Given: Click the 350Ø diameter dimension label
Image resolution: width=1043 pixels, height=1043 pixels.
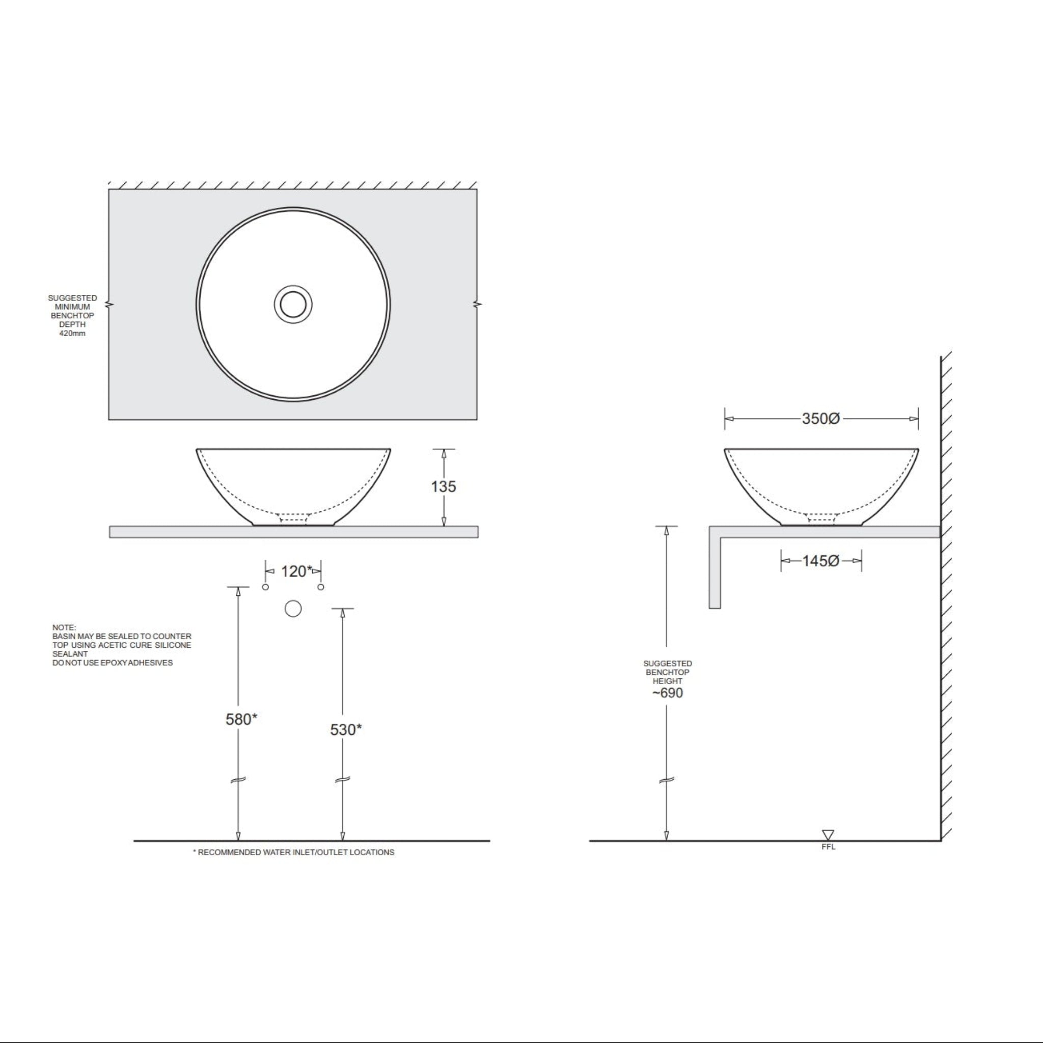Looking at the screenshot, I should pos(820,419).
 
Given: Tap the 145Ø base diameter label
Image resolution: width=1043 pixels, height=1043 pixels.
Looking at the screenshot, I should pos(820,561).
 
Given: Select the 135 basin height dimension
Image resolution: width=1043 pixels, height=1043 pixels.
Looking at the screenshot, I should pos(443,486).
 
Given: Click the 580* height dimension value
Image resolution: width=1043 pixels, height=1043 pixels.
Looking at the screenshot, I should pos(241,719).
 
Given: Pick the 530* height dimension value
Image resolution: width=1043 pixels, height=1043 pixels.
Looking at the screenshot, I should pos(345,730).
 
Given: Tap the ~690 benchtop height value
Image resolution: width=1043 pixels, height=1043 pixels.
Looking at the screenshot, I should pos(667,693).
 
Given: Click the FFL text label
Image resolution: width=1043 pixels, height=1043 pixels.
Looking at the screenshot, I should pos(828,846).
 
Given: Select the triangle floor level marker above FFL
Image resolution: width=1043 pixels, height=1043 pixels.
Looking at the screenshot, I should pos(828,835).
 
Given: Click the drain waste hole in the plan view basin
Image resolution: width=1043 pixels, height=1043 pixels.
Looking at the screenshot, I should pos(293,305).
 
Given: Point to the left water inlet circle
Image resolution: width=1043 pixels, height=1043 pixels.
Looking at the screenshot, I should pos(265,587).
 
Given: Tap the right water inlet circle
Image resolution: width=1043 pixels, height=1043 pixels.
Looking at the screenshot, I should pos(321,587).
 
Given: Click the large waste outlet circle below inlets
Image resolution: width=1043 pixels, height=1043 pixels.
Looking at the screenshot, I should pos(293,609).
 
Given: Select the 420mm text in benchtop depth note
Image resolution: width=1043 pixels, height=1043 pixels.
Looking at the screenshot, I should pos(72,333).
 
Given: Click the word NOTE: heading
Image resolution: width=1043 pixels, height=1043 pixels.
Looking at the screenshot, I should pos(64,627).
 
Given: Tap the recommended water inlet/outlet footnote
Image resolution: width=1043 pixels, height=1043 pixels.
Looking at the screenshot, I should pos(294,852).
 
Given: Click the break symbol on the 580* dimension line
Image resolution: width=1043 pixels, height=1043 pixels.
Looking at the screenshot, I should pos(238,780).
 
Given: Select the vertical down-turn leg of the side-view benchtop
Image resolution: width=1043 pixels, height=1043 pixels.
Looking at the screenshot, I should pos(715,572).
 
